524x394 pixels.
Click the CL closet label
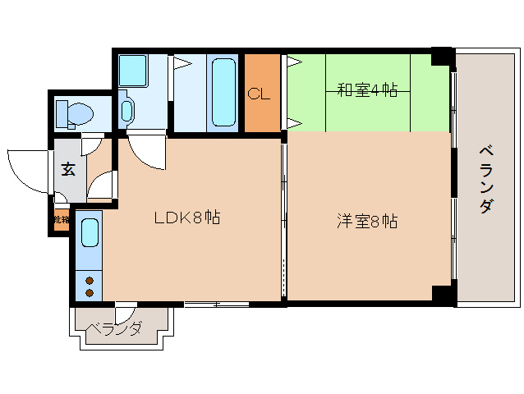tap(260, 93)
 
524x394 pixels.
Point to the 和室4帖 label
tap(367, 89)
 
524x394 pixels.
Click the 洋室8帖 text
tap(367, 221)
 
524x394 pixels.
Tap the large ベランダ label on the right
tap(485, 178)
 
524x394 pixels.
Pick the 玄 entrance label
tap(68, 170)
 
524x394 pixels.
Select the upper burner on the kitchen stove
tap(90, 280)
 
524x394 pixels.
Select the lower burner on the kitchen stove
tap(90, 292)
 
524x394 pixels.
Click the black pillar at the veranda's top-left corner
tap(443, 56)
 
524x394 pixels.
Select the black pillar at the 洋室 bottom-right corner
tap(443, 295)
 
